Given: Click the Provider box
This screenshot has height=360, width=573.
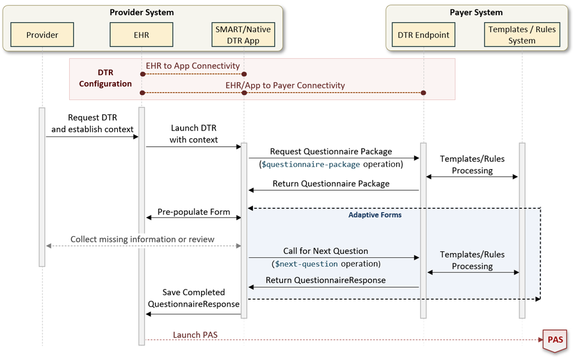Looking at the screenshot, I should [x=42, y=35].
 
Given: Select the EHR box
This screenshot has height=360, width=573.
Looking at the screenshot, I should [x=141, y=35].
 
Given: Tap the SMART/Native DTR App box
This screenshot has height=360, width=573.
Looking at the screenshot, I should [x=244, y=35].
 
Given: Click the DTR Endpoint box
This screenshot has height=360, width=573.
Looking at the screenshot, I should [x=424, y=35].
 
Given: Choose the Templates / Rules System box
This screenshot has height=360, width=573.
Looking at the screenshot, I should [x=522, y=35].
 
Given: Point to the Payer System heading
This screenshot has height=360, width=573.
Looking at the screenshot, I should [x=476, y=12].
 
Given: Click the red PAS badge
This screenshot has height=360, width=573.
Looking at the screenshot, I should [x=555, y=340].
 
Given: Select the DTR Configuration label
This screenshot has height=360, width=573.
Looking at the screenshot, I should [x=105, y=78].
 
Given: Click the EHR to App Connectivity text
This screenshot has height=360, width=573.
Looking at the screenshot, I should [x=193, y=66].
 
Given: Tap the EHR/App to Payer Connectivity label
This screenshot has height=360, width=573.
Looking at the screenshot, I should [x=285, y=85].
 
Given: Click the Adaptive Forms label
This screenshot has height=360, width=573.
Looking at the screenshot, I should [x=375, y=215].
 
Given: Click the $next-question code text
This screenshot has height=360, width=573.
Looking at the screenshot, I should [x=306, y=264].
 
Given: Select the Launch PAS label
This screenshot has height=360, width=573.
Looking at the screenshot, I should [x=195, y=334].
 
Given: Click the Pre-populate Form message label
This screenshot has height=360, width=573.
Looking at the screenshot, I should [x=194, y=212].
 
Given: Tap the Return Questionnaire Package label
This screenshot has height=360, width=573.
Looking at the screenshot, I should [x=331, y=183].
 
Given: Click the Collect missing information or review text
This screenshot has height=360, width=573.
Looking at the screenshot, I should [x=142, y=239].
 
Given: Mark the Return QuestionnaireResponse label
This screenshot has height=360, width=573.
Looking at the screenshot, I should [x=325, y=280].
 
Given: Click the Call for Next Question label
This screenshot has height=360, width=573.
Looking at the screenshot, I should [x=325, y=251].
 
